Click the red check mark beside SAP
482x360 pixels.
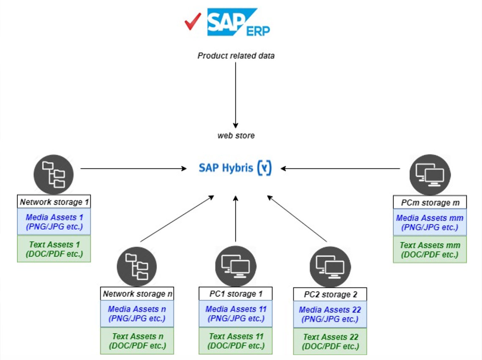[193, 22]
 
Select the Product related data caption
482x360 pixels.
[236, 55]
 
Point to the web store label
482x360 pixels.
[236, 136]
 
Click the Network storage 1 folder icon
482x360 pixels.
[53, 174]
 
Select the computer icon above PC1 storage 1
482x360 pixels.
[236, 266]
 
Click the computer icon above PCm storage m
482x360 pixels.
[430, 174]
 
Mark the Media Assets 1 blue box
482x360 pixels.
[54, 221]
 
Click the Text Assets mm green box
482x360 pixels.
[430, 250]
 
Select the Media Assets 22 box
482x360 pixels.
[330, 314]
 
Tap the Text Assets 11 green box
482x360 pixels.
[236, 341]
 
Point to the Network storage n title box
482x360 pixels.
[137, 294]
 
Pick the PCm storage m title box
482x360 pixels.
[430, 203]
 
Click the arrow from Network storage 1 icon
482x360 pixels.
[133, 168]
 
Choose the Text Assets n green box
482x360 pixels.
[137, 341]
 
